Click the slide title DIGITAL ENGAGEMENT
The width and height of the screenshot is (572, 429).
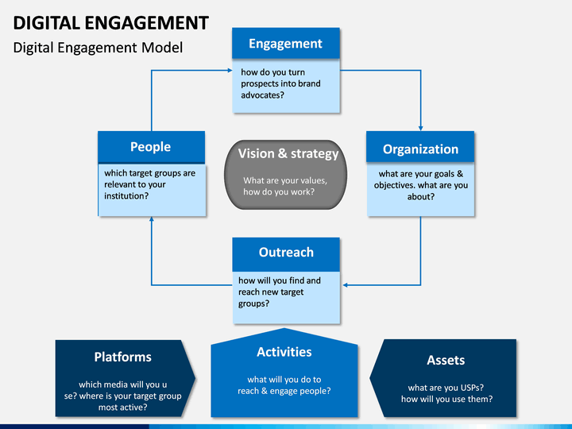pyautogui.click(x=111, y=23)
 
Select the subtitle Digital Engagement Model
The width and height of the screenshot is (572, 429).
pyautogui.click(x=98, y=48)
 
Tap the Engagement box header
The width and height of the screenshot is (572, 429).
pyautogui.click(x=286, y=44)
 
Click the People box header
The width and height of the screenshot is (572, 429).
pyautogui.click(x=152, y=147)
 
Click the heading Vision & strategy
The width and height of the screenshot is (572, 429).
pyautogui.click(x=288, y=153)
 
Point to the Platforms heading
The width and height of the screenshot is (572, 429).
pyautogui.click(x=123, y=357)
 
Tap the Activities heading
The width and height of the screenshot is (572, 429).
pyautogui.click(x=284, y=352)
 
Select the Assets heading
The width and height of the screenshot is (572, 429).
pyautogui.click(x=446, y=360)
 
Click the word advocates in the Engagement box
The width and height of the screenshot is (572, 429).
pyautogui.click(x=262, y=95)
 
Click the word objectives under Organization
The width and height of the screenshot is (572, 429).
pyautogui.click(x=396, y=185)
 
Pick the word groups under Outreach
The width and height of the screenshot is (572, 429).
pyautogui.click(x=253, y=303)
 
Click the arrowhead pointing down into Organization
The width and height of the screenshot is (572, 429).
pyautogui.click(x=420, y=128)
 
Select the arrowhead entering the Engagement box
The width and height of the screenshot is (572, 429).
pyautogui.click(x=230, y=71)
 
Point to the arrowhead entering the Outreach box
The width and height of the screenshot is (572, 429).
pyautogui.click(x=345, y=285)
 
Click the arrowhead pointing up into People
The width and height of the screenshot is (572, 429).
pyautogui.click(x=152, y=219)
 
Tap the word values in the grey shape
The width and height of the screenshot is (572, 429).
pyautogui.click(x=313, y=180)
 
